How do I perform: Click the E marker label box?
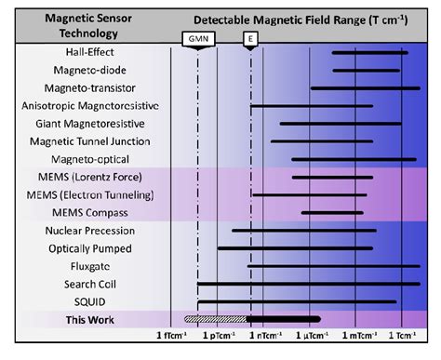[249, 39]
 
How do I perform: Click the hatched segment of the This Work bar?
[215, 318]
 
